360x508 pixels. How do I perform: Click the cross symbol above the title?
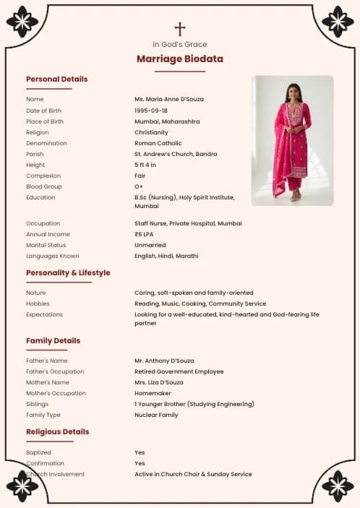click(180, 29)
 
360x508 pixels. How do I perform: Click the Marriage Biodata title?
click(180, 59)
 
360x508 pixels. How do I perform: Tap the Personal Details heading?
click(56, 79)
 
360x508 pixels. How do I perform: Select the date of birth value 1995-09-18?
click(151, 111)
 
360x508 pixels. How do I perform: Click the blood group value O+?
click(139, 186)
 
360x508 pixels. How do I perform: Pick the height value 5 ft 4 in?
click(145, 165)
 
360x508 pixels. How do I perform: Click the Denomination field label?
click(46, 143)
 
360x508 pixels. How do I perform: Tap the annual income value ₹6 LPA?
click(144, 234)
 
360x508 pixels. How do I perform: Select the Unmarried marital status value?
click(150, 245)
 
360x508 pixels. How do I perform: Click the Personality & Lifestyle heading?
click(68, 273)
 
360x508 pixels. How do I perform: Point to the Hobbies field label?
click(38, 303)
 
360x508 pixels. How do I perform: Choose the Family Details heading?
click(53, 341)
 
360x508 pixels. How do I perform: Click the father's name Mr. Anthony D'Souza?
click(164, 360)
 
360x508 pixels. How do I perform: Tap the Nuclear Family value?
click(156, 415)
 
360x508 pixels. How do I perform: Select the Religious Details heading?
click(57, 432)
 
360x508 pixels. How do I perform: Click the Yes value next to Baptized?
click(140, 452)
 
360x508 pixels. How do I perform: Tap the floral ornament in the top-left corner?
click(22, 22)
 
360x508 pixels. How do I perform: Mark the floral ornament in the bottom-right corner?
click(338, 486)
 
